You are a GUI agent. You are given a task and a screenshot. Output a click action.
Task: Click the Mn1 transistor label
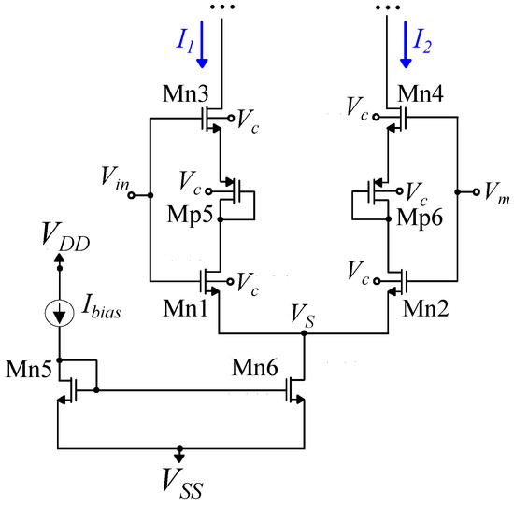click(191, 305)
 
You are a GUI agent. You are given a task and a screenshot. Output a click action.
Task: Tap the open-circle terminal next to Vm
click(459, 192)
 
